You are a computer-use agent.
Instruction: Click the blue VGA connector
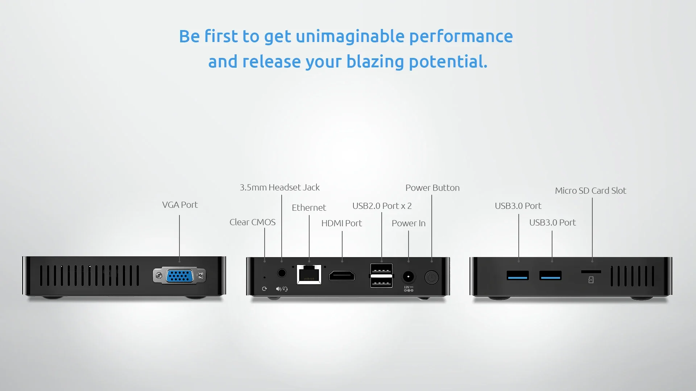(x=179, y=276)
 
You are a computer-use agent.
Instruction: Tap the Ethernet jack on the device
(x=309, y=274)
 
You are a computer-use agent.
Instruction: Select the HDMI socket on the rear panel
(x=341, y=276)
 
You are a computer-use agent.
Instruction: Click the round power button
(x=431, y=277)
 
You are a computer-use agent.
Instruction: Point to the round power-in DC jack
(x=408, y=277)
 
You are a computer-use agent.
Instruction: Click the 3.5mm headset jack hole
(x=282, y=273)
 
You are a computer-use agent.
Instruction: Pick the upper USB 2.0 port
(x=381, y=269)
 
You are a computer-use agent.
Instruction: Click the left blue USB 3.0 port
(x=518, y=276)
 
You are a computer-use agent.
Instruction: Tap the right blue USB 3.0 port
(x=550, y=276)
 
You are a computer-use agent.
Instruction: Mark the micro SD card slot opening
(x=591, y=272)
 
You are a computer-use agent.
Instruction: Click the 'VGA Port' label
(x=180, y=205)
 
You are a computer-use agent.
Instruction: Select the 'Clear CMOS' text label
(x=252, y=222)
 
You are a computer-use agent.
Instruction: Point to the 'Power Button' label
(x=432, y=188)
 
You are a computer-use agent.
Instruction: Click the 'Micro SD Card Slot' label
(x=591, y=191)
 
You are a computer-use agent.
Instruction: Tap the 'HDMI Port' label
(x=341, y=223)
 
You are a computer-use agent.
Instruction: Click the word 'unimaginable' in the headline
(x=350, y=37)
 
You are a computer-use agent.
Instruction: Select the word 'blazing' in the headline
(x=375, y=62)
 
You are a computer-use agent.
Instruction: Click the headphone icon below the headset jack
(x=285, y=289)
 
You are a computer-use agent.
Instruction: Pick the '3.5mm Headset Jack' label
(x=279, y=188)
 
